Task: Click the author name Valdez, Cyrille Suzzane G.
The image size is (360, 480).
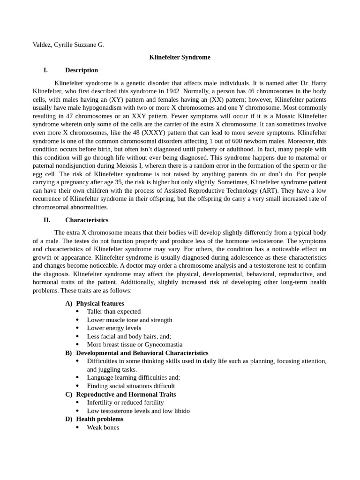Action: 68,45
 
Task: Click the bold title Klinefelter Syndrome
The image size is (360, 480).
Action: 180,57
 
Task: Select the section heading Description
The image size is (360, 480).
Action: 82,70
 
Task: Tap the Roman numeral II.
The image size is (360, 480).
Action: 47,220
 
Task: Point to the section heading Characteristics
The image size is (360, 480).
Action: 87,220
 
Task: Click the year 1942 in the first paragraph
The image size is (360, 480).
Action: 172,91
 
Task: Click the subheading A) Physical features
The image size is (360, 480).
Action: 95,303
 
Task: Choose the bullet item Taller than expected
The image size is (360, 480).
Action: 114,312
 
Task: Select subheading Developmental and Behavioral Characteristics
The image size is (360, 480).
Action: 142,353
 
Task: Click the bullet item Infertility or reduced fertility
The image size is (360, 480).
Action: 126,403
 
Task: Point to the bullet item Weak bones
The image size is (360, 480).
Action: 103,427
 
